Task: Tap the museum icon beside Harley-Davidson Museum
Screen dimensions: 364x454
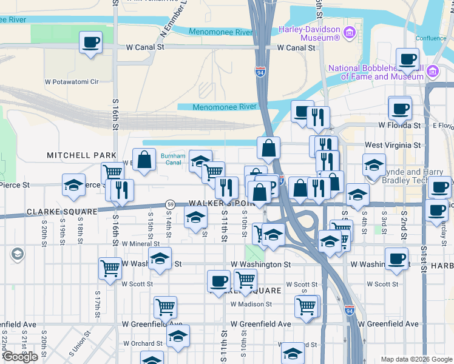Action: tap(349, 33)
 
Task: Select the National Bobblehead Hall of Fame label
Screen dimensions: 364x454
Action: tap(376, 72)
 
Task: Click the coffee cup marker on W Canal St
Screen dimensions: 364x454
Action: tap(91, 42)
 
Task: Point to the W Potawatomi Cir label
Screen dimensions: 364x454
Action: tap(72, 81)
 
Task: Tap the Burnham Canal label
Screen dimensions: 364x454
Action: tap(172, 159)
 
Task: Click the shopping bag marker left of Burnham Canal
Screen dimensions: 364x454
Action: tap(144, 160)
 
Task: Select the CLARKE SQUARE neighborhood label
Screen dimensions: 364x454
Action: tap(61, 212)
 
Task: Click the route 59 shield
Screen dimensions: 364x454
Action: tap(172, 204)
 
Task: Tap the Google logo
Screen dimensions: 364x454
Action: tap(20, 357)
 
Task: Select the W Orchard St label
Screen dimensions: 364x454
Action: tap(141, 343)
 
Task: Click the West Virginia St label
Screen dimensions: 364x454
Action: tap(392, 146)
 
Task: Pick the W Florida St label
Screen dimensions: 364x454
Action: tap(399, 126)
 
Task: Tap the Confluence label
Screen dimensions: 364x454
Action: tap(430, 38)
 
